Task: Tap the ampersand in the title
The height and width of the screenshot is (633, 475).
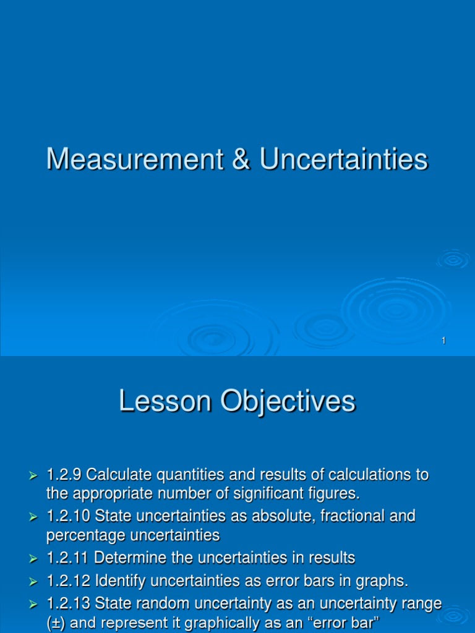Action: [241, 159]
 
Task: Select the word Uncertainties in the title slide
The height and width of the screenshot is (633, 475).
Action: [343, 159]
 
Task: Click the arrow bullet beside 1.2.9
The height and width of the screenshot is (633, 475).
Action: [34, 476]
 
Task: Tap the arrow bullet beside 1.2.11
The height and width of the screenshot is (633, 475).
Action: [34, 559]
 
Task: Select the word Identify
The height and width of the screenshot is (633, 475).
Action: [122, 580]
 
